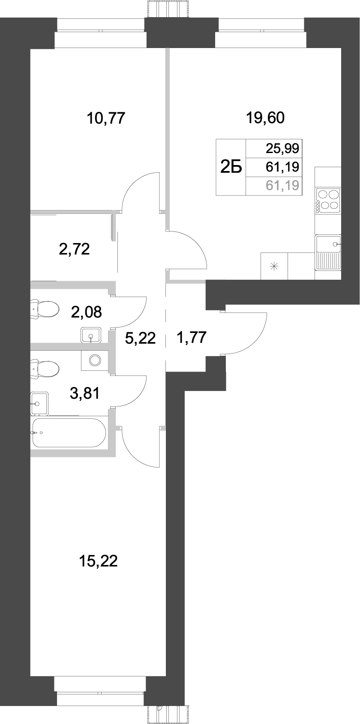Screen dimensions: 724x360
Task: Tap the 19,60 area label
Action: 265,117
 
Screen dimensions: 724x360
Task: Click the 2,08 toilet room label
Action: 87,312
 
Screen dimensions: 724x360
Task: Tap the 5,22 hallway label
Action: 140,339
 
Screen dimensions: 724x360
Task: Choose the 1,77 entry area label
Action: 192,338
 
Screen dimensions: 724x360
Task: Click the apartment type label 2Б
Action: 231,167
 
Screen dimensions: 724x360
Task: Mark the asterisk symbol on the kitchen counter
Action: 273,266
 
